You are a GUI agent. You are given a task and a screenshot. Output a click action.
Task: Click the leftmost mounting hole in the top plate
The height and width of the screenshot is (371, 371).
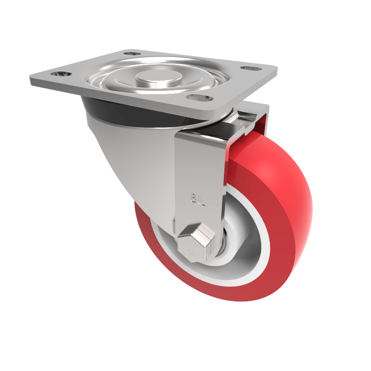[x=59, y=74]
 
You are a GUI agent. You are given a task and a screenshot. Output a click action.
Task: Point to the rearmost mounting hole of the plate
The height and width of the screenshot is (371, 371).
[x=132, y=53]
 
